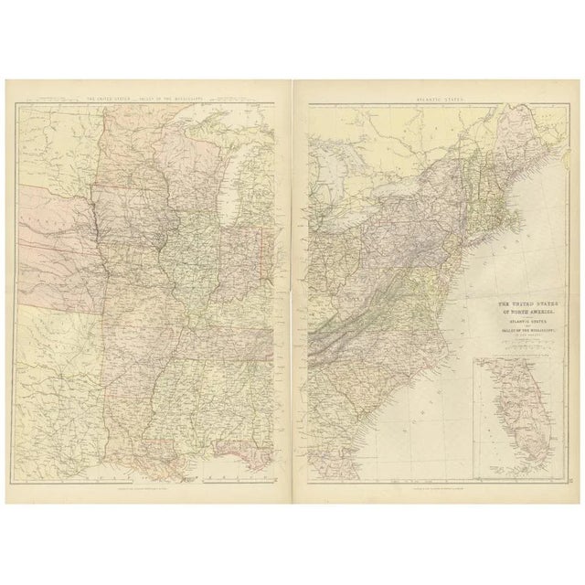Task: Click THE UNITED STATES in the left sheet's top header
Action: click(x=109, y=98)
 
